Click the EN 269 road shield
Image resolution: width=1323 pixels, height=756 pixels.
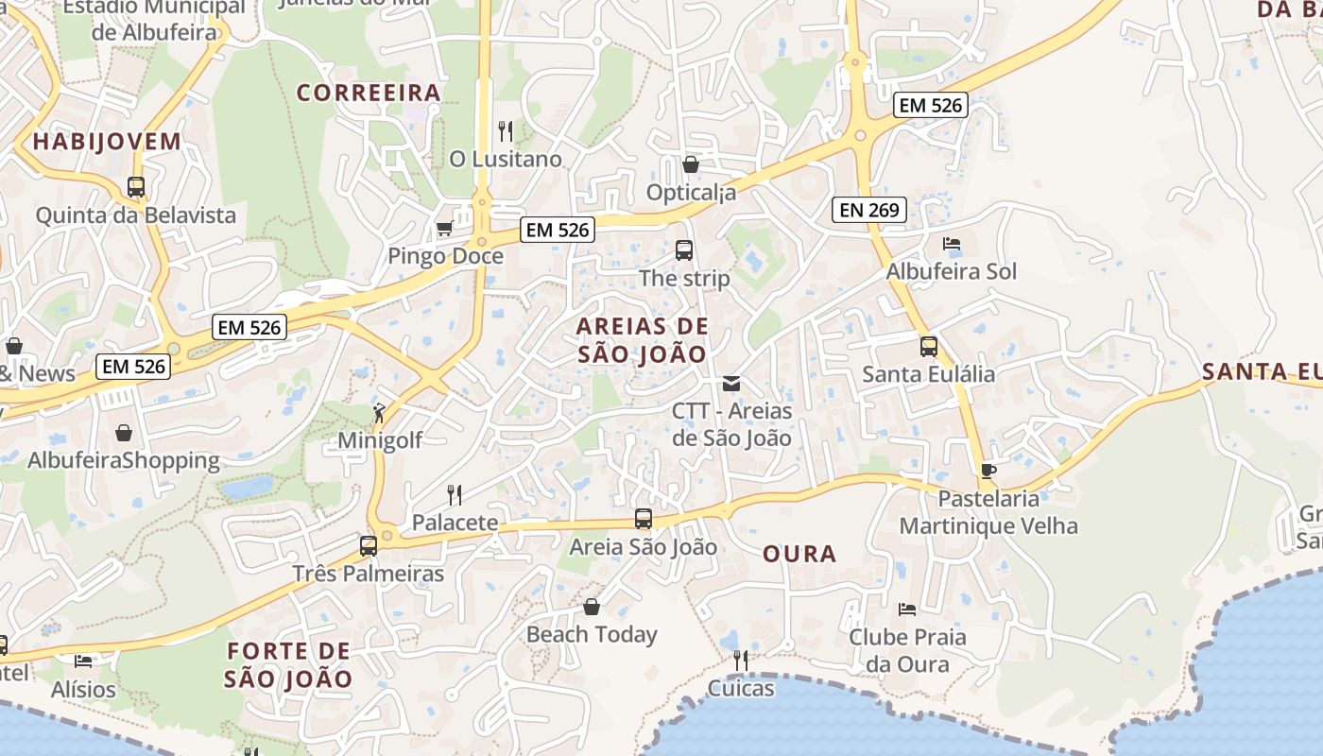pos(869,210)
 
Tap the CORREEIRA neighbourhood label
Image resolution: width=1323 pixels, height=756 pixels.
pos(369,93)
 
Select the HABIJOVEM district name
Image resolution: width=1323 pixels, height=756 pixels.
pos(106,142)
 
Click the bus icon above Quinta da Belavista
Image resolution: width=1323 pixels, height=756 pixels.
pos(136,187)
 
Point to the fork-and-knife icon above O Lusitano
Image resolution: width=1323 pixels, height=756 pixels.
pos(506,130)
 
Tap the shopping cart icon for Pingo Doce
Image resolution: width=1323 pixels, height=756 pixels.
pos(444,228)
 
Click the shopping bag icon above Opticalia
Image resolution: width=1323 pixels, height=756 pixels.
pos(691,164)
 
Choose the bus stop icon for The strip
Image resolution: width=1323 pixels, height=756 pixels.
pos(684,250)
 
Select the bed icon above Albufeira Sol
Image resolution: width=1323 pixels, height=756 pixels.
pos(952,244)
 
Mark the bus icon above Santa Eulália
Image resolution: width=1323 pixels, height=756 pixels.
pos(929,346)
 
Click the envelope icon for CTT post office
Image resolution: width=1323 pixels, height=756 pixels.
pos(731,384)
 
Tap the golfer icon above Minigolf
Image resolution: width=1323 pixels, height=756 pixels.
pos(380,412)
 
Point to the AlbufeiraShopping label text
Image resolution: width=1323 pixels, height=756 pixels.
pos(124,461)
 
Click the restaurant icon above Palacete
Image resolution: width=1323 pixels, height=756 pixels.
pos(455,494)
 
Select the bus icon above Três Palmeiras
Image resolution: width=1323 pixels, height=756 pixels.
pos(369,545)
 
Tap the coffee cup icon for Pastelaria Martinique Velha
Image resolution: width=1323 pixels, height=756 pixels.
pos(988,471)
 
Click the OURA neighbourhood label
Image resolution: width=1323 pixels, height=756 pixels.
pos(799,554)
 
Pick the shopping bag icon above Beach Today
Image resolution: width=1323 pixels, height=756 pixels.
pos(592,606)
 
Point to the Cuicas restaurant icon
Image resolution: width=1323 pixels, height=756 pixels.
pos(741,660)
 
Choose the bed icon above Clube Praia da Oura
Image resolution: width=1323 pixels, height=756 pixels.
pos(907,610)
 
